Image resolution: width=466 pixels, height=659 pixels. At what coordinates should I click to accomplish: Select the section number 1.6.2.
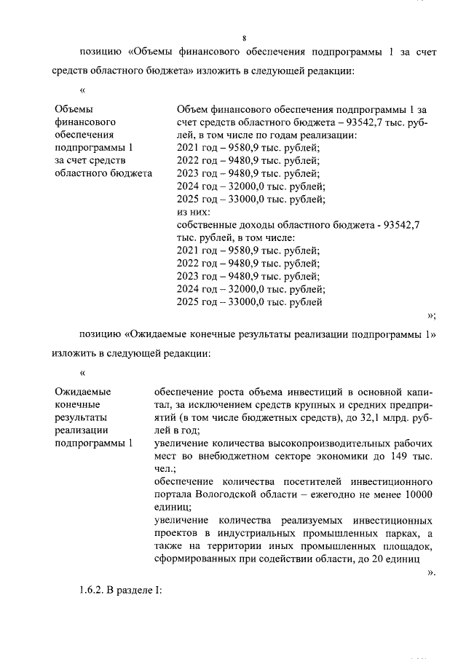(92, 590)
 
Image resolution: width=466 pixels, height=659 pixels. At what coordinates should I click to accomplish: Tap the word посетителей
(299, 481)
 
